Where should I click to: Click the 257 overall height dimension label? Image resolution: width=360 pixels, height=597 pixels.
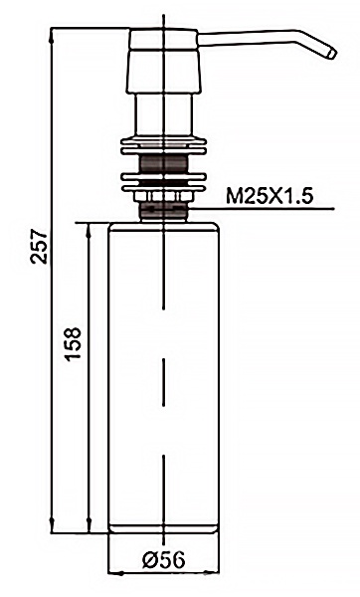(x=39, y=247)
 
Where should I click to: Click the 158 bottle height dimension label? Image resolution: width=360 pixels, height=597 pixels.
(x=73, y=344)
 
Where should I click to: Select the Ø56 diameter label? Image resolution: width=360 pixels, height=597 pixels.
(x=164, y=559)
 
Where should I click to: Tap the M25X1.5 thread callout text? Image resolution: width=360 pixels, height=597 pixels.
(x=270, y=197)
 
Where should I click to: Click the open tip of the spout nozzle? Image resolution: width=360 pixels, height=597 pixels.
(x=332, y=54)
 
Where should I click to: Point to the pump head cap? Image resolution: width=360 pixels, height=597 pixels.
(x=164, y=61)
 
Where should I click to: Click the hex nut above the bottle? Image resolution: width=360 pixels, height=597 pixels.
(x=164, y=197)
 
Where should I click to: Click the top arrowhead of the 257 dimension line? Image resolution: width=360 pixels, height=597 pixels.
(x=52, y=34)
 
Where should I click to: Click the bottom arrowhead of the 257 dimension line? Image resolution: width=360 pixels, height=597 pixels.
(x=52, y=526)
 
